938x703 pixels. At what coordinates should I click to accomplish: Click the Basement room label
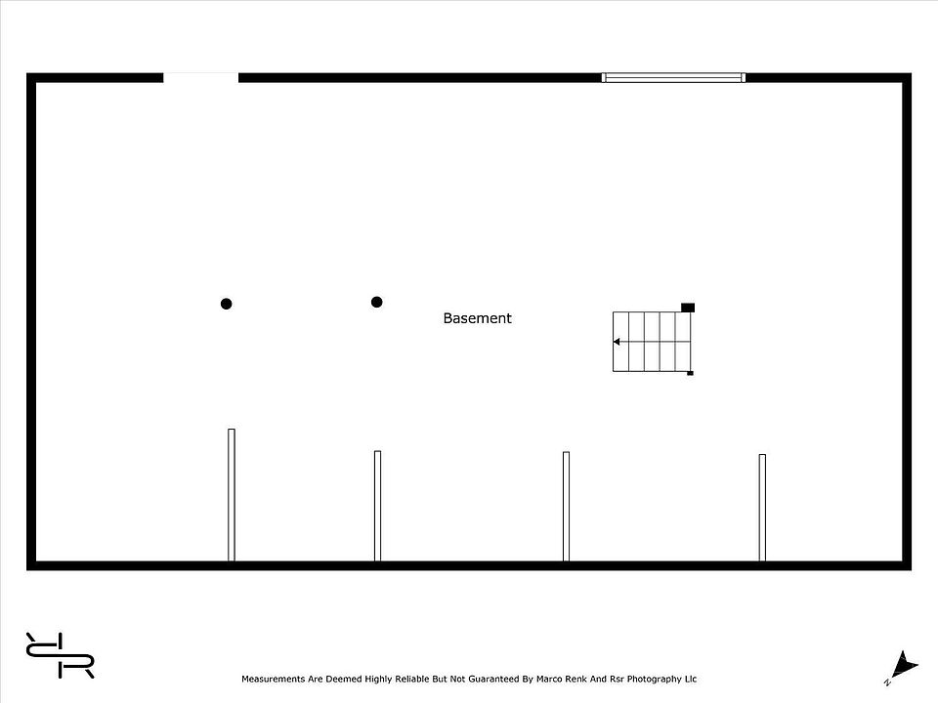[477, 318]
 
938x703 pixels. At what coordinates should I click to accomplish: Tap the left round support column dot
[226, 304]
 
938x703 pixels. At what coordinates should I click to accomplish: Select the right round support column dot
[376, 302]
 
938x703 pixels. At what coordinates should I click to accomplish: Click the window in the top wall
[673, 78]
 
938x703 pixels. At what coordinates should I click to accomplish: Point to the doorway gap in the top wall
[201, 78]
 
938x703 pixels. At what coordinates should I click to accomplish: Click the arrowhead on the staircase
[617, 342]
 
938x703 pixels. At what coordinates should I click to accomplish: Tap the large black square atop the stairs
[688, 308]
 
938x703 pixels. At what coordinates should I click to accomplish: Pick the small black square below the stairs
[690, 373]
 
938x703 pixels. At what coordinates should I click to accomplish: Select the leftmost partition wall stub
[232, 495]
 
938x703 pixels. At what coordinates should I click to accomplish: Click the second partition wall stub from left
[377, 507]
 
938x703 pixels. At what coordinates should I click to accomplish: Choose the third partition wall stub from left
[566, 507]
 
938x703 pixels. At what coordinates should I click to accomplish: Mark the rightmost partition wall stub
[762, 508]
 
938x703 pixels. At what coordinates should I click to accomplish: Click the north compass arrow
[903, 665]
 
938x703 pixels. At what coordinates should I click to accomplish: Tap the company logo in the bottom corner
[60, 655]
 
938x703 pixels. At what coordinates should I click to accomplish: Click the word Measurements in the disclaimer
[274, 680]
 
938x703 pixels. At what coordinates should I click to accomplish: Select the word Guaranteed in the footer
[493, 680]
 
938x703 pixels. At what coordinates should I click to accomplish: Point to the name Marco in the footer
[549, 680]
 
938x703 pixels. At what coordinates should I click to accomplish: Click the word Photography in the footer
[654, 680]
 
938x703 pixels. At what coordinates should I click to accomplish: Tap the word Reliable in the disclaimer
[412, 680]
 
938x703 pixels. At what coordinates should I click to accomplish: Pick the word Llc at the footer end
[691, 680]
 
